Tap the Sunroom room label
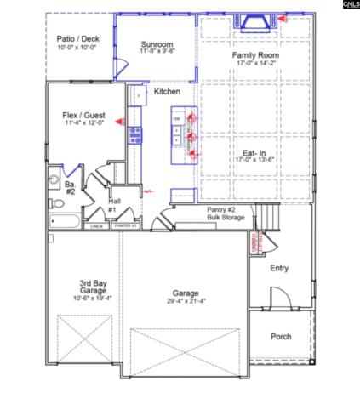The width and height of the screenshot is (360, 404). click(158, 44)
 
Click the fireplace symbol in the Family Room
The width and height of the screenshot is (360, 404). click(254, 22)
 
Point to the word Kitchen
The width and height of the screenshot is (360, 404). click(166, 91)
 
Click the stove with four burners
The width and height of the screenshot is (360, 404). click(134, 133)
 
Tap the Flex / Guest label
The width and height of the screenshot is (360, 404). click(83, 114)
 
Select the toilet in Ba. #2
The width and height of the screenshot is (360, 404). click(55, 180)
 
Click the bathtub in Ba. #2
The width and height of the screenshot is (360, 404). click(64, 223)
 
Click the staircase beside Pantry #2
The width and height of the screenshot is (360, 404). click(267, 219)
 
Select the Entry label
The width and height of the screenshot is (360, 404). click(279, 268)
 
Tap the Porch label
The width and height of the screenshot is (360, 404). click(281, 337)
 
